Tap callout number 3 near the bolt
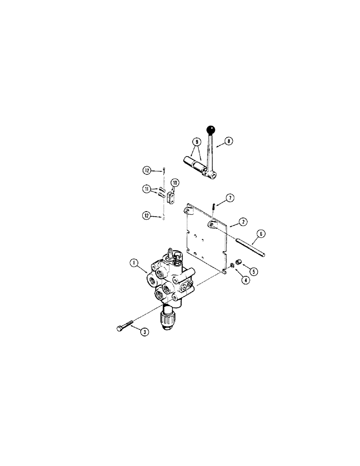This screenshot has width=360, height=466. coord(145,332)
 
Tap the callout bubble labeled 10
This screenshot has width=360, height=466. coord(175,182)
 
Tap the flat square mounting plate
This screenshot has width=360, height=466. coord(205,233)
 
